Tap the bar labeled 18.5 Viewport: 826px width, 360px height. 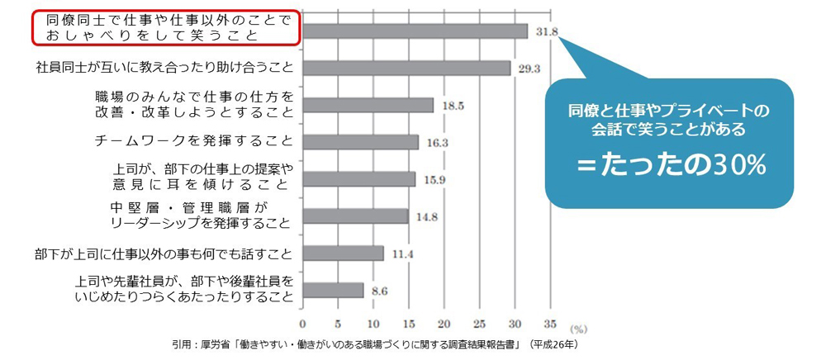pos(368,105)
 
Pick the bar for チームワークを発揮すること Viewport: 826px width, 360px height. pos(360,142)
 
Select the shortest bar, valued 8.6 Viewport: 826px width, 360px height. pos(333,290)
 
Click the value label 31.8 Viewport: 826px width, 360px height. pos(548,32)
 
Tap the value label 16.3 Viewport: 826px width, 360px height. pos(437,143)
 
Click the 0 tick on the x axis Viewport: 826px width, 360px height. pos(303,324)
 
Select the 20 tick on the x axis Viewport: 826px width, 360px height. pos(444,324)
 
